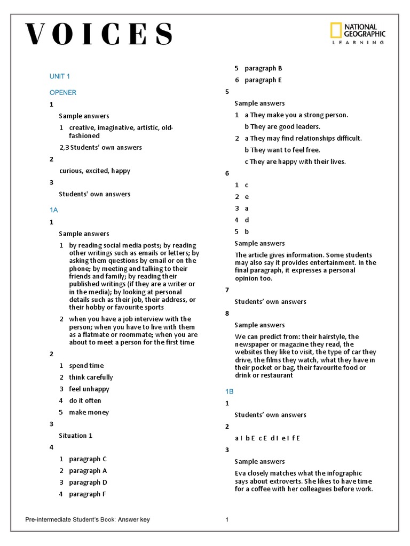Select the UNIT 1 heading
[x=60, y=76]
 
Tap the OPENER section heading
[x=63, y=92]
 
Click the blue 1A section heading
[x=53, y=210]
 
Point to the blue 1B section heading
[x=229, y=391]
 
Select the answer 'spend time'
[x=86, y=365]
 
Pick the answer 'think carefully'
[x=91, y=377]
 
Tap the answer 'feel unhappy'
[x=89, y=389]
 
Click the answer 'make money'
[x=89, y=412]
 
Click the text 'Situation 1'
[x=76, y=436]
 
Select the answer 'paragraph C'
[x=88, y=459]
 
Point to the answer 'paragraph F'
[x=88, y=494]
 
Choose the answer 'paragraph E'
[x=263, y=80]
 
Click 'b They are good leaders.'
[x=282, y=126]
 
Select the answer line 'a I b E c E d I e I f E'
[x=267, y=438]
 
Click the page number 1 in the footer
[x=227, y=520]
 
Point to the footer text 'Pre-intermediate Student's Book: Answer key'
[x=88, y=520]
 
